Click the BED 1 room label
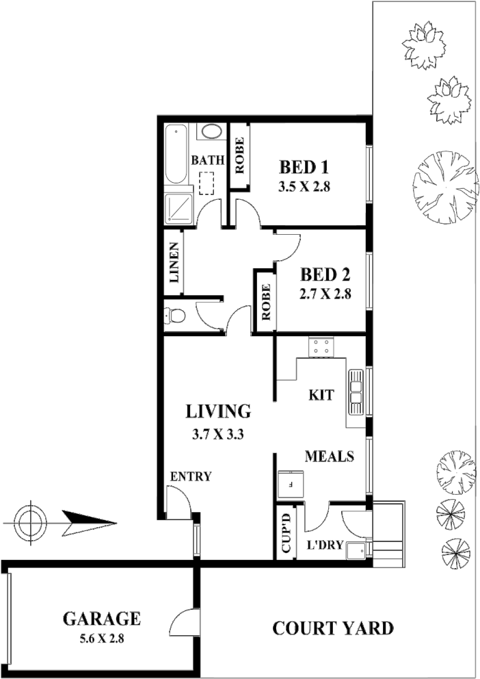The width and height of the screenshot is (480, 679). pos(304,167)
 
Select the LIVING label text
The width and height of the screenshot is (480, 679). pos(219,411)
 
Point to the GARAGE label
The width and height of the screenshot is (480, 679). pos(102,619)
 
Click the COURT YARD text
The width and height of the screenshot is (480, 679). pos(333,628)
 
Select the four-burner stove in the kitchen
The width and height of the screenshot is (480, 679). pos(321,348)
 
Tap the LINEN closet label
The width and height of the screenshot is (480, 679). pos(174,264)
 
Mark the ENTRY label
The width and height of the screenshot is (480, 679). pos(191,477)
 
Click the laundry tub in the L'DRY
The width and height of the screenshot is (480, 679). pos(356,550)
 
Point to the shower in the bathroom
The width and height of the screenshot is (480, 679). pos(179,208)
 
